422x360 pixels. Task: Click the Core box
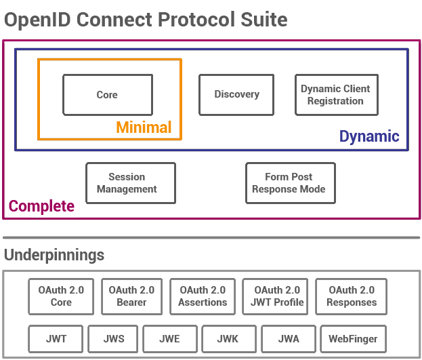(x=107, y=95)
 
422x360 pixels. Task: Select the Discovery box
(x=236, y=94)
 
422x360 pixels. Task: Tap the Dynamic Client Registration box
(x=335, y=95)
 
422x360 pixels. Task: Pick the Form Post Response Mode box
(x=289, y=183)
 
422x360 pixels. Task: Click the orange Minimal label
(x=144, y=127)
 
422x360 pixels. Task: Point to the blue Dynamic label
(x=369, y=136)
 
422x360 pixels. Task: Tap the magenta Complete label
(x=41, y=206)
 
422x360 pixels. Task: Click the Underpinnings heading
(x=54, y=255)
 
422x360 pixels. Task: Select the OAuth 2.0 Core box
(x=61, y=296)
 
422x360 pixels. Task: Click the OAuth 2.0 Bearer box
(x=131, y=296)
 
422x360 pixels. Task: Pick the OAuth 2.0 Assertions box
(x=203, y=296)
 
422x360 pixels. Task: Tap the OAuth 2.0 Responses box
(x=351, y=296)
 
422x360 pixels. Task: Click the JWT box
(x=57, y=338)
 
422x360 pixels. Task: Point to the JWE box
(x=169, y=338)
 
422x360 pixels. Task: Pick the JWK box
(x=228, y=338)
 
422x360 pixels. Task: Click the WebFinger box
(x=352, y=338)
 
